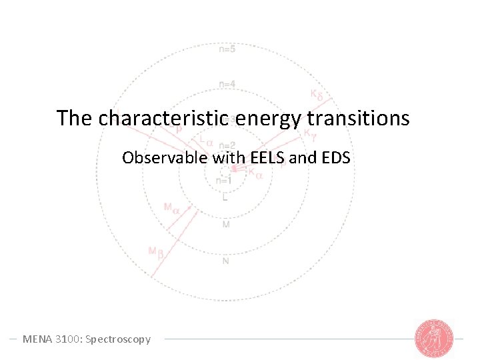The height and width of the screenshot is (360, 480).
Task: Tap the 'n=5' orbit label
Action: [x=227, y=49]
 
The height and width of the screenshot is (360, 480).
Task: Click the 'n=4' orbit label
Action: [x=227, y=84]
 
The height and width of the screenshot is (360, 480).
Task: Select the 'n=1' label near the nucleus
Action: [x=224, y=180]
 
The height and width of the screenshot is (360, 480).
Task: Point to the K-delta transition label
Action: [x=317, y=94]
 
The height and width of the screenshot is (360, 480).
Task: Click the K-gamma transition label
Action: [x=310, y=135]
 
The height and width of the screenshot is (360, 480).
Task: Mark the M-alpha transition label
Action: [x=171, y=207]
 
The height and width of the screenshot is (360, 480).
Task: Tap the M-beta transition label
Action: [x=156, y=252]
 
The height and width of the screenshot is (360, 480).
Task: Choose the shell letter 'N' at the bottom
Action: [x=225, y=261]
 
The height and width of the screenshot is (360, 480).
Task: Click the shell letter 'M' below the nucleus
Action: [x=225, y=225]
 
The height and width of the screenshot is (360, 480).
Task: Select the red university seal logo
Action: [x=433, y=338]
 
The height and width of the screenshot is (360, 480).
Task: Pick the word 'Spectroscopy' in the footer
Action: [x=121, y=339]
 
